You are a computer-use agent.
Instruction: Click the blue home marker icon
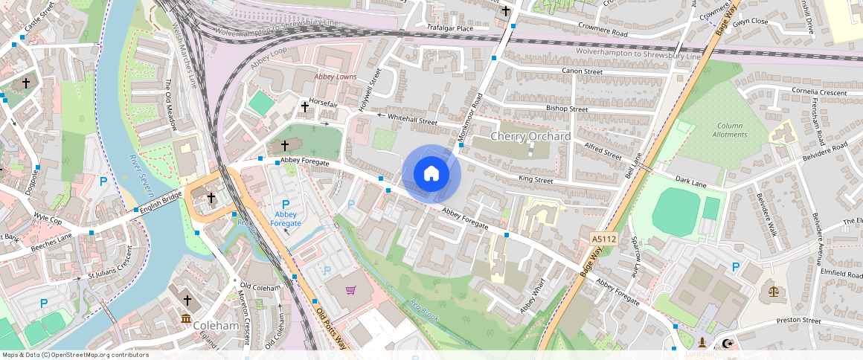click(x=431, y=174)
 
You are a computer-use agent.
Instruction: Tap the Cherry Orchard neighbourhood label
click(x=530, y=137)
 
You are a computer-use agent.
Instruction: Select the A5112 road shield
click(x=603, y=239)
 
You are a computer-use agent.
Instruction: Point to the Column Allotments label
click(x=729, y=130)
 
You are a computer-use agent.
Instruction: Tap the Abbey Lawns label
click(x=335, y=77)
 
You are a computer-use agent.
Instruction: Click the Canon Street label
click(x=582, y=71)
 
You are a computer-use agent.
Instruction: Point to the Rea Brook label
click(x=424, y=310)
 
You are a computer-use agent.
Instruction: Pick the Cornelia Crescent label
click(x=820, y=92)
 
